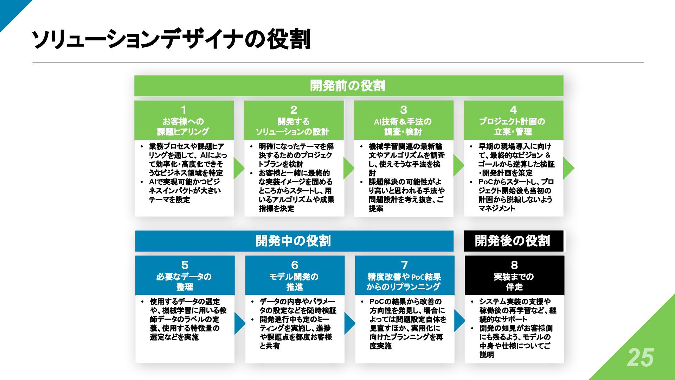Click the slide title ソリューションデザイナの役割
(x=171, y=39)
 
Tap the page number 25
(x=640, y=358)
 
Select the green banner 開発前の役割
(x=348, y=86)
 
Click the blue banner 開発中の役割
(x=294, y=241)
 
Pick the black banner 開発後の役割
(x=513, y=241)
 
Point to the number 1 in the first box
(x=184, y=110)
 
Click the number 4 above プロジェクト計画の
(x=513, y=110)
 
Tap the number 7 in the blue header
(x=404, y=265)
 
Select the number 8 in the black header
(x=514, y=265)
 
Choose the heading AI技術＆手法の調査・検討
(x=403, y=127)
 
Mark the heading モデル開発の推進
(x=294, y=282)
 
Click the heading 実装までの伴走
(x=514, y=282)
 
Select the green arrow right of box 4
(x=568, y=168)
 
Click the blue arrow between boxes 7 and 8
(x=459, y=321)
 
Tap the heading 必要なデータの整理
(x=184, y=282)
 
